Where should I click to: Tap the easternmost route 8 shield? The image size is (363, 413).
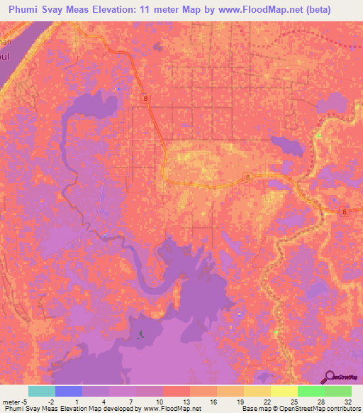pos(344,211)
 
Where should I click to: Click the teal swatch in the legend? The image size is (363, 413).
pos(42,391)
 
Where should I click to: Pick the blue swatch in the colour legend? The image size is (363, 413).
pos(69,391)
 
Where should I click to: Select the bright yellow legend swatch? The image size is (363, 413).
pos(284,391)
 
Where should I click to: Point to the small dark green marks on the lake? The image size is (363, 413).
pos(140,334)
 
